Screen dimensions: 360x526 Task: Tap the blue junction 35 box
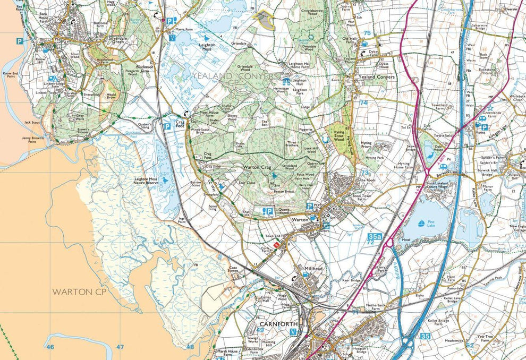425,336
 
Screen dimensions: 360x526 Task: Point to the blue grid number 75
367,33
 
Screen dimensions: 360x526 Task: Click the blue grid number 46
50,347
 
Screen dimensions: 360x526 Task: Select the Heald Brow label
111,96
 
